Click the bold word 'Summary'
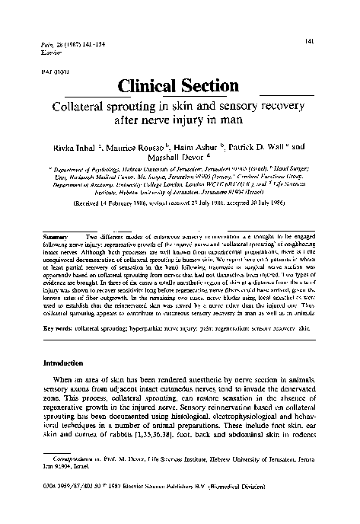tap(56, 237)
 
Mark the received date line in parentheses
tap(179, 204)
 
